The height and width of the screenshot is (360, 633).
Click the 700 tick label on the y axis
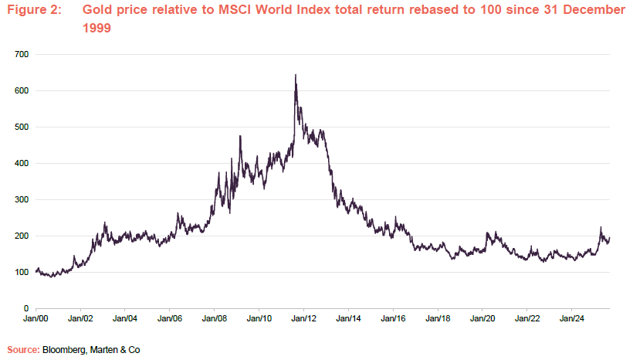(x=21, y=54)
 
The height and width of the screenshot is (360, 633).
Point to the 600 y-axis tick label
(x=21, y=90)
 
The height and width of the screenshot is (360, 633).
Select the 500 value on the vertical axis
(x=21, y=127)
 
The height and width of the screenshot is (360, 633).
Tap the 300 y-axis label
(x=21, y=199)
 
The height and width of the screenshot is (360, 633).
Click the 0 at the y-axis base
(x=26, y=308)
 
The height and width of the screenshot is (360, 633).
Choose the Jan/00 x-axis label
(x=36, y=318)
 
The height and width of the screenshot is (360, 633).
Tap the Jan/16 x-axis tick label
(x=393, y=318)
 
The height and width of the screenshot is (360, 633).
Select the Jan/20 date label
(x=482, y=318)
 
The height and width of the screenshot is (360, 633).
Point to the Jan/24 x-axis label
(x=571, y=318)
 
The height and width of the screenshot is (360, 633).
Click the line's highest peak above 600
(x=296, y=76)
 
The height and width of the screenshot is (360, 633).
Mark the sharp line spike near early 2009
(x=240, y=137)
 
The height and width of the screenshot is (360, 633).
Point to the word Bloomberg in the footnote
(x=65, y=350)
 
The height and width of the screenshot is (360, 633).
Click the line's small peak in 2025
(x=601, y=228)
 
